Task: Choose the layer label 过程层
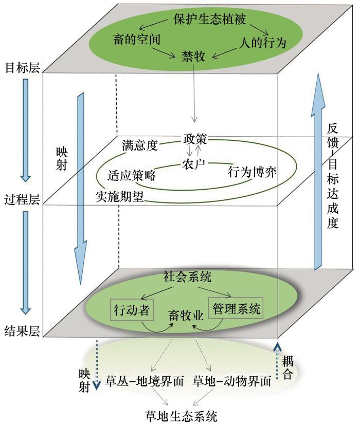(22, 199)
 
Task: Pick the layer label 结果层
(22, 329)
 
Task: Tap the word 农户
(194, 164)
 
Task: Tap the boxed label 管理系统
(235, 309)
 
